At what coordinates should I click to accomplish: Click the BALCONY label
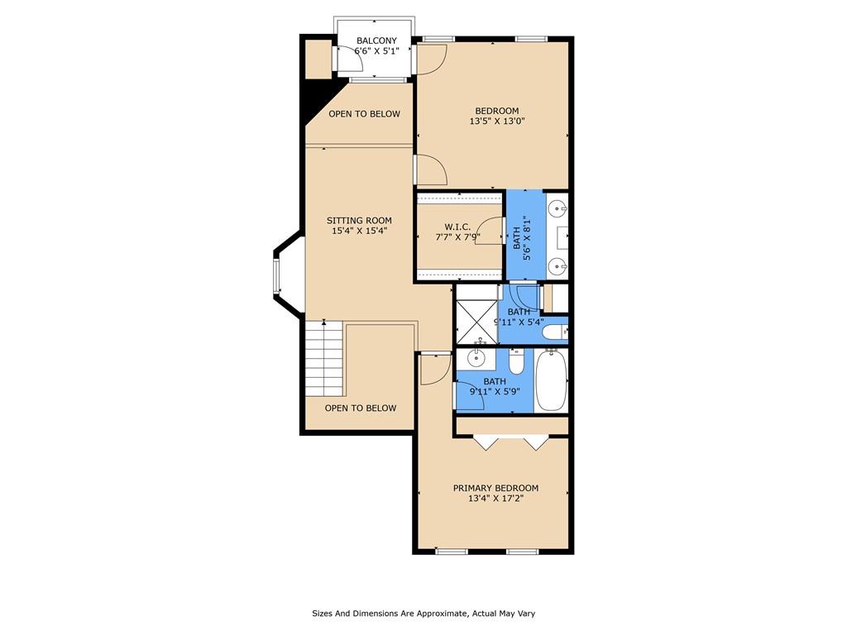tap(376, 41)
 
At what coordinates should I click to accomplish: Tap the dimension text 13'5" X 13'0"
tap(497, 121)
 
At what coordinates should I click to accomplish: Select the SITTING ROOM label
tap(359, 220)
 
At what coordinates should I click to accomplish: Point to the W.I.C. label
tap(457, 227)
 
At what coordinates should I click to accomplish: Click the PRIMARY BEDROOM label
tap(496, 488)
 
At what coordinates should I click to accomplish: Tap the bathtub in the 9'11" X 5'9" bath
tap(551, 380)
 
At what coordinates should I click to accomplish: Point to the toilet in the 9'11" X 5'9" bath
tap(516, 362)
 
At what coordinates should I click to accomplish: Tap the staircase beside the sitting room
tap(324, 359)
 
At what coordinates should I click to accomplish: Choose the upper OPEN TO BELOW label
tap(365, 114)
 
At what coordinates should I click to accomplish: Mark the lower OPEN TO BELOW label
tap(361, 408)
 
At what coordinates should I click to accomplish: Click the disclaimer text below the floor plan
tap(423, 614)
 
